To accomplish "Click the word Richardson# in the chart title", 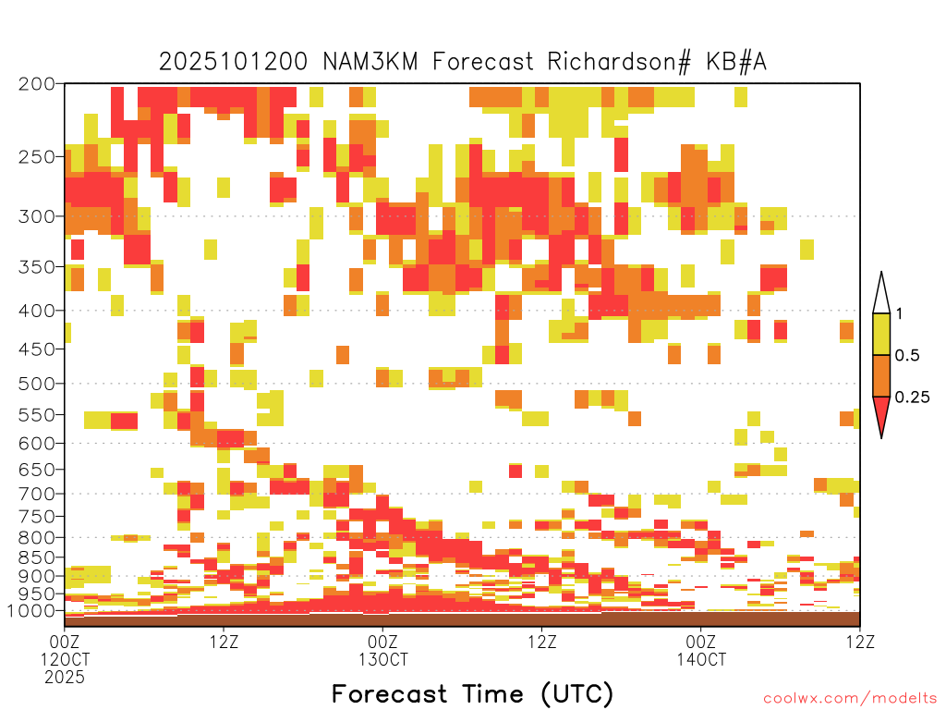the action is click(x=618, y=62).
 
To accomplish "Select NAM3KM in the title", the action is click(x=370, y=62).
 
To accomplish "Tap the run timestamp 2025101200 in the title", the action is click(x=233, y=62).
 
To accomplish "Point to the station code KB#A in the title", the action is click(x=736, y=62).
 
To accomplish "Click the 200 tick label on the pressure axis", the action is click(x=36, y=84).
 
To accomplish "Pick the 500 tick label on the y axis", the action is click(x=36, y=384).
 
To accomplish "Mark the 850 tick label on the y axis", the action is click(x=36, y=557).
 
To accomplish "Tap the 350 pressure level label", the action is click(x=36, y=266).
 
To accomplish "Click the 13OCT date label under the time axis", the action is click(x=383, y=658).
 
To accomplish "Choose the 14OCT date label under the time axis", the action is click(x=701, y=658).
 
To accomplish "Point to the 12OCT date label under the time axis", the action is click(x=65, y=658).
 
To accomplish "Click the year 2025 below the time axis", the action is click(x=65, y=677).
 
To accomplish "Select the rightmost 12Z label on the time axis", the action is click(x=860, y=642).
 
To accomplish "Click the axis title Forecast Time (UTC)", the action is click(x=472, y=693).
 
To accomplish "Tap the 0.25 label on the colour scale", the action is click(x=912, y=398).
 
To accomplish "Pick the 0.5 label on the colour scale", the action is click(x=907, y=356).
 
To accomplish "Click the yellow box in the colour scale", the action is click(x=881, y=334).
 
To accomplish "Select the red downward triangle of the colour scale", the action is click(x=881, y=413).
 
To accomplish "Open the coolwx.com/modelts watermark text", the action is click(x=850, y=699).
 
